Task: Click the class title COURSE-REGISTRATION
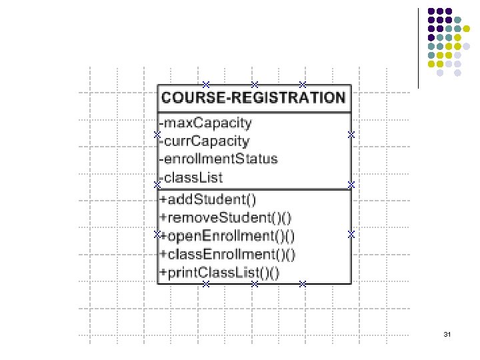pos(254,98)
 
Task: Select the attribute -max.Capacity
pos(206,123)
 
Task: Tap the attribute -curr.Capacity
pos(205,141)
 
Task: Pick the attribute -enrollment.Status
pos(219,159)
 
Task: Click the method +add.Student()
pos(208,199)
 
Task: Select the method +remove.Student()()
pos(225,217)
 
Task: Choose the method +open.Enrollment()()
pos(229,235)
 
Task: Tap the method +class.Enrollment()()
pos(227,254)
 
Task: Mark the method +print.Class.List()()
pos(219,272)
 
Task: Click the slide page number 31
pos(447,333)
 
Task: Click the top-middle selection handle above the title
pos(254,85)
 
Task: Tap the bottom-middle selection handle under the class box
pos(254,285)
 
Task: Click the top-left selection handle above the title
pos(206,85)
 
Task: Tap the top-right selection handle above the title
pos(302,85)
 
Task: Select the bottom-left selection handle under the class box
pos(206,285)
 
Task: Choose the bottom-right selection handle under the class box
pos(302,285)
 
